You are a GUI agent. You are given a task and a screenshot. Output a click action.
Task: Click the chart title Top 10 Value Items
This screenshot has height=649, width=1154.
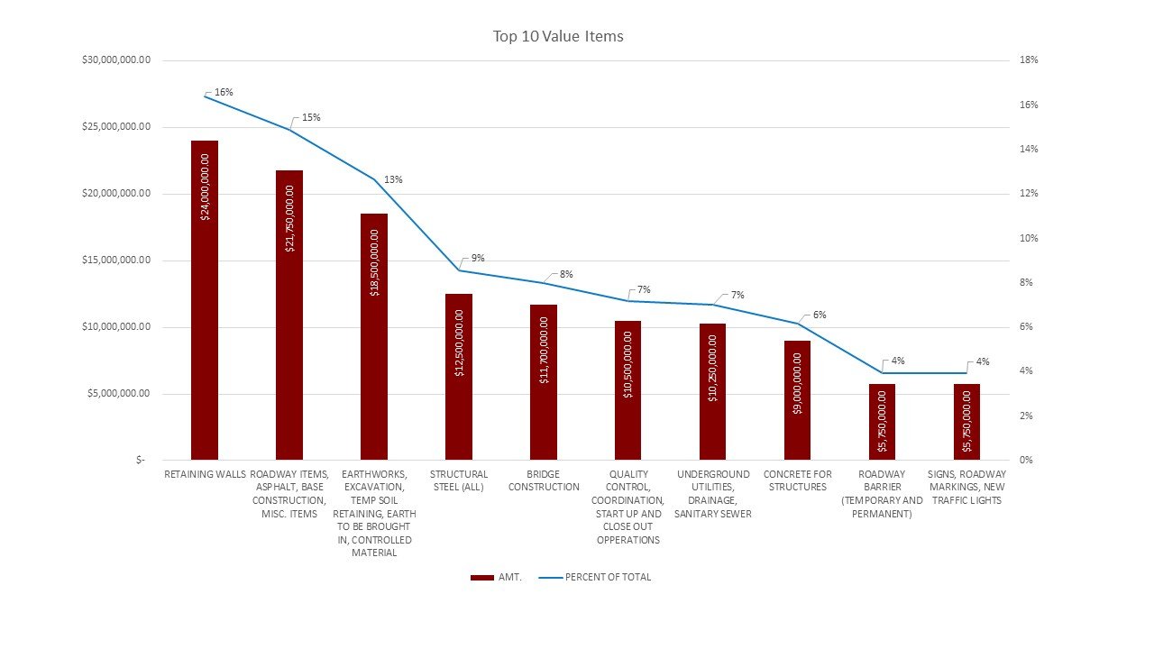click(558, 37)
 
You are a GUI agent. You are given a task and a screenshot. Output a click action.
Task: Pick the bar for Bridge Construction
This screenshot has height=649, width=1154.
click(544, 382)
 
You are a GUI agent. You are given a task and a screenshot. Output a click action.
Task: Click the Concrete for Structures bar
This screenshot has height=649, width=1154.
click(797, 400)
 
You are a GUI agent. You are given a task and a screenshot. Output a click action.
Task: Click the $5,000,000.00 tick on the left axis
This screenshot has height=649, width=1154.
click(114, 394)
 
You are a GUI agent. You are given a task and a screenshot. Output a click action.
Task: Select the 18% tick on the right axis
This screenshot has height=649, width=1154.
click(1029, 60)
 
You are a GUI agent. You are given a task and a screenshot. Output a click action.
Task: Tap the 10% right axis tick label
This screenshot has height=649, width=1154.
click(1029, 238)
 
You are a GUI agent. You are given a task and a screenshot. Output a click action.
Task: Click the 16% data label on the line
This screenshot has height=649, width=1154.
click(224, 92)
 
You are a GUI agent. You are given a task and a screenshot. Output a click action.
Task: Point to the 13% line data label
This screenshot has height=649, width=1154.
click(393, 179)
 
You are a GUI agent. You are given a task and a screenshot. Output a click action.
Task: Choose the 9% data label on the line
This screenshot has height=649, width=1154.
click(478, 258)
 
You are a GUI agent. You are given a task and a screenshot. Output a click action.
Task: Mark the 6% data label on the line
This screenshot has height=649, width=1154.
click(819, 315)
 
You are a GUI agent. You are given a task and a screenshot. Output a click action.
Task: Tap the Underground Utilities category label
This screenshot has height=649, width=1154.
click(712, 494)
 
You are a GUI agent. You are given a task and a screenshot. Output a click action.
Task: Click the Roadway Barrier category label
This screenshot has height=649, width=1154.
click(882, 494)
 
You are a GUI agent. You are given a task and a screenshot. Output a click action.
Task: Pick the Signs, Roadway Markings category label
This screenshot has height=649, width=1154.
click(966, 487)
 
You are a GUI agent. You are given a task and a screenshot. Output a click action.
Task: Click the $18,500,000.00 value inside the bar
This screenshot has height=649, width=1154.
click(374, 262)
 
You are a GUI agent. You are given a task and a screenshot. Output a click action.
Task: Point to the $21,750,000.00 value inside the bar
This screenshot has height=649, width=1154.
click(289, 218)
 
